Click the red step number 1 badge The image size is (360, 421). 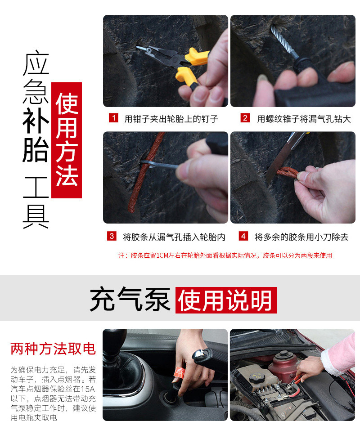coord(114,118)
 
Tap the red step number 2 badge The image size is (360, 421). coord(245,118)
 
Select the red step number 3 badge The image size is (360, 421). coord(112,236)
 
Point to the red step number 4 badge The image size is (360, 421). coord(243,236)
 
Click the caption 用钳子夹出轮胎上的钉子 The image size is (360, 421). coord(171,119)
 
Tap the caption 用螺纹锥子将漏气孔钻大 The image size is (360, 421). coord(304,119)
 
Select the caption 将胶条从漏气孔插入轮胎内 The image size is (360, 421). coord(174,237)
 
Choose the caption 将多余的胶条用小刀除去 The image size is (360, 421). coord(301,237)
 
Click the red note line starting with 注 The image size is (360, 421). coord(225,255)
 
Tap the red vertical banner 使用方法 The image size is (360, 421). coord(67,140)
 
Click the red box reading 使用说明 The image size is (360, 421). coord(226,300)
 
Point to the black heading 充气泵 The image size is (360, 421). coord(130,299)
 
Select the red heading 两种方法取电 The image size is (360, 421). coord(53,349)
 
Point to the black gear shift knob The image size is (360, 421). coord(114,340)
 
